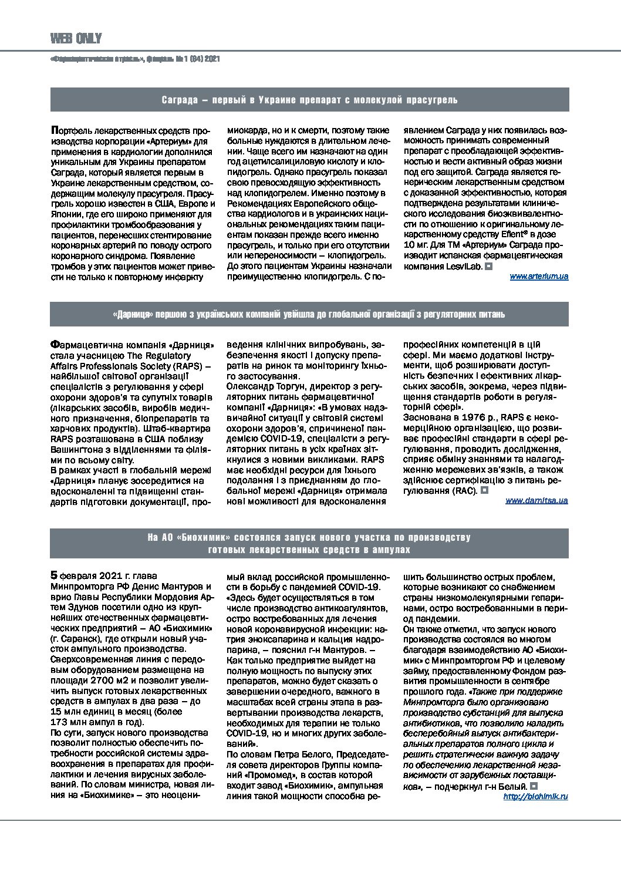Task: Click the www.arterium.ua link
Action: pos(539,276)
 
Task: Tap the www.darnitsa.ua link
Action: pos(536,501)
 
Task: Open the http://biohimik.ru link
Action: pos(535,796)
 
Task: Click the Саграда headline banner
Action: pos(309,100)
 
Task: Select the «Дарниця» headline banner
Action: pos(309,314)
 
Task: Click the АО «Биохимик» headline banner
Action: pos(309,543)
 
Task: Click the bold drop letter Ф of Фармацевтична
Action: pos(55,345)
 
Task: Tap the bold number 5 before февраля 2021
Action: pos(55,575)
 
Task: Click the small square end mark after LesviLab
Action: pos(488,266)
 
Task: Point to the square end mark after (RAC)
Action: pos(484,490)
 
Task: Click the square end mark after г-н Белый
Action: pos(533,786)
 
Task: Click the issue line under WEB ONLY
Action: pos(136,59)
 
